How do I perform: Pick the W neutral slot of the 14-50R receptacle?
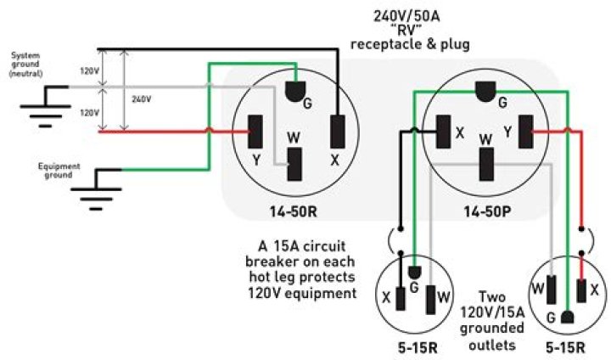pos(295,165)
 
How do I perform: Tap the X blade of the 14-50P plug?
pos(443,132)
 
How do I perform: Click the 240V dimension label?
pos(145,98)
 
